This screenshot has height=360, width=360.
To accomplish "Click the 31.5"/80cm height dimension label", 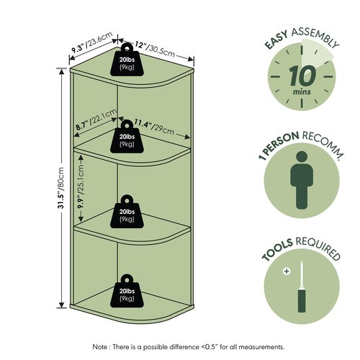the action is click(61, 187).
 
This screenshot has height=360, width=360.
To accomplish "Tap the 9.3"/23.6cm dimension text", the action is click(92, 42).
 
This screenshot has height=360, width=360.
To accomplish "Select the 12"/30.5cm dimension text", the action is click(154, 49).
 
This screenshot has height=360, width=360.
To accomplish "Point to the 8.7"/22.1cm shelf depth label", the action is click(96, 120).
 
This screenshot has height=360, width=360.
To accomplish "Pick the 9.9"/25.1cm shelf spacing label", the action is click(81, 186).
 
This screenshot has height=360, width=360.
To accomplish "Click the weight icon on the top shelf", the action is click(127, 60).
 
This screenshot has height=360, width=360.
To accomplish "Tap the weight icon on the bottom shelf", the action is click(127, 291).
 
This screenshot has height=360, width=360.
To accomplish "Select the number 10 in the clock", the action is click(302, 76).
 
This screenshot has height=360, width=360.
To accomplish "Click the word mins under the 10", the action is click(302, 92).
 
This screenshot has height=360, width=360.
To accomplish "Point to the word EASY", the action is click(276, 40).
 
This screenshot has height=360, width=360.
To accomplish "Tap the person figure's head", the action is click(302, 157).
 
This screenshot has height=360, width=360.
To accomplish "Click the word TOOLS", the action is click(277, 250).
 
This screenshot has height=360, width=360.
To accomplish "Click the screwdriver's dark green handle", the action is click(302, 300).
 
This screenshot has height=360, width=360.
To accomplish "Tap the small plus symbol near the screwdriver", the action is click(287, 271).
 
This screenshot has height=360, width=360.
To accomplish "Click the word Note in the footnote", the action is click(100, 347).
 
